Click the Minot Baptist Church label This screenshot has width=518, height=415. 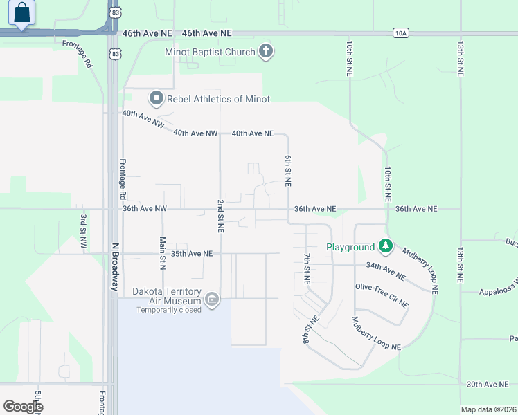(208, 51)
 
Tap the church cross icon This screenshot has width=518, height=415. (265, 50)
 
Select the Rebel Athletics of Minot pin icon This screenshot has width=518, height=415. (156, 99)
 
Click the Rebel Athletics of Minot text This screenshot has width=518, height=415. (218, 99)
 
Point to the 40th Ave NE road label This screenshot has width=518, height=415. (252, 133)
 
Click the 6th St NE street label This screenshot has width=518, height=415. (287, 170)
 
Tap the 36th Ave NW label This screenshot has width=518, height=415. (144, 208)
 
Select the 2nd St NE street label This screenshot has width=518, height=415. (220, 217)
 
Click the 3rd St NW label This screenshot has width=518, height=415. (83, 230)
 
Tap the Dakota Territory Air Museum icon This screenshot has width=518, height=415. (212, 299)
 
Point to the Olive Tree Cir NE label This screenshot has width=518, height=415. (382, 295)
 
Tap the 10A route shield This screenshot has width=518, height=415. (400, 33)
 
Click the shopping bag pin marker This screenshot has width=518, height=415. (23, 12)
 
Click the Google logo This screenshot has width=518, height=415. (23, 407)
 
